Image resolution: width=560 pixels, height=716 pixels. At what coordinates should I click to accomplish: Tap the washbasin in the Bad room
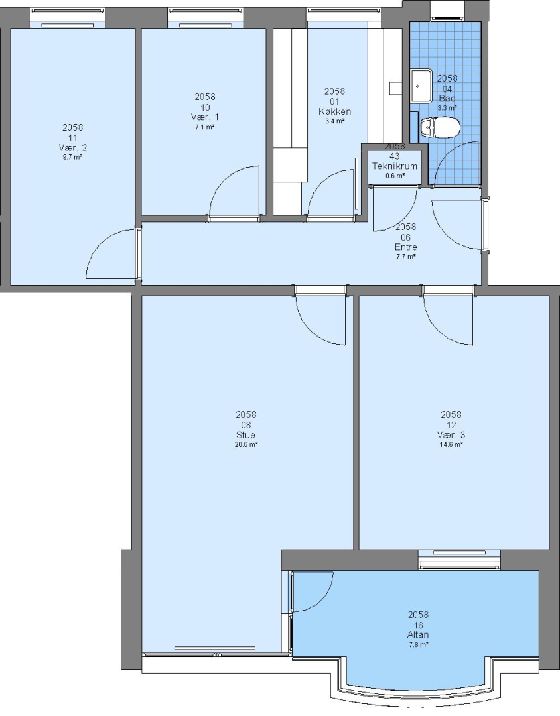[x=421, y=86]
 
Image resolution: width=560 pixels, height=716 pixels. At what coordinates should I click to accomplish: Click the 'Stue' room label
[x=246, y=435]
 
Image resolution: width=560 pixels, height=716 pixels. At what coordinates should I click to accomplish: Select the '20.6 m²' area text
[x=246, y=444]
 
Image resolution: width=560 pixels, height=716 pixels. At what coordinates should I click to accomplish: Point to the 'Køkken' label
[x=335, y=111]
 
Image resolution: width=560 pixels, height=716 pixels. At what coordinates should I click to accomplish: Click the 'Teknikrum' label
[x=395, y=166]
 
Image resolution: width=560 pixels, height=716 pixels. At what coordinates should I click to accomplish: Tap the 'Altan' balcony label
[x=418, y=634]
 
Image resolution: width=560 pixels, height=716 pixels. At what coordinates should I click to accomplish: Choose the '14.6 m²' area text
[x=451, y=444]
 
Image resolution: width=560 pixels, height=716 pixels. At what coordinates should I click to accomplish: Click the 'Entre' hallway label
[x=406, y=247]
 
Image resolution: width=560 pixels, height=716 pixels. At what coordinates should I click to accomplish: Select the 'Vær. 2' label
[x=73, y=147]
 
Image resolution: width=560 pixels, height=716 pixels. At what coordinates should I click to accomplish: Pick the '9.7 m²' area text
[x=73, y=157]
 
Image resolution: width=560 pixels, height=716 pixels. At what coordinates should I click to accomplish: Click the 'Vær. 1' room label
[x=205, y=117]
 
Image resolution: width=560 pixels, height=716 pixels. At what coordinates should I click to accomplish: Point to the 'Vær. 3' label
[x=451, y=435]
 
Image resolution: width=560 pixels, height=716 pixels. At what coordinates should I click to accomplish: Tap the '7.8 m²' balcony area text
[x=418, y=645]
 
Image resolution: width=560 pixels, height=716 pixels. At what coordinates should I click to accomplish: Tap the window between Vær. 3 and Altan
[x=459, y=560]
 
